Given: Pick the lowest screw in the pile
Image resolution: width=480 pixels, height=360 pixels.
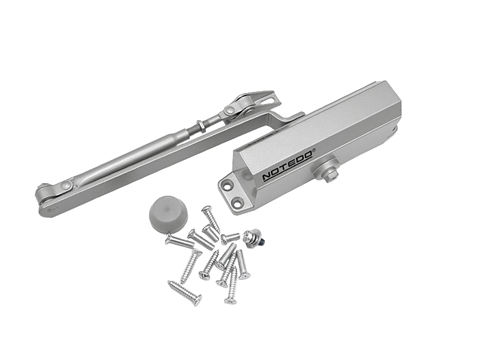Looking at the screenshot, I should click(x=184, y=294).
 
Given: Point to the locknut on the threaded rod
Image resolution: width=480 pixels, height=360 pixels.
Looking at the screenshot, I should click(x=203, y=124).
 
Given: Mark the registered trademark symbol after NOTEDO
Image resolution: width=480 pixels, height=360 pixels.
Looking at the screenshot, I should click(x=317, y=150).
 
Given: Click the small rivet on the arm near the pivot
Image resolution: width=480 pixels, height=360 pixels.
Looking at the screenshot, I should click(x=69, y=187).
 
